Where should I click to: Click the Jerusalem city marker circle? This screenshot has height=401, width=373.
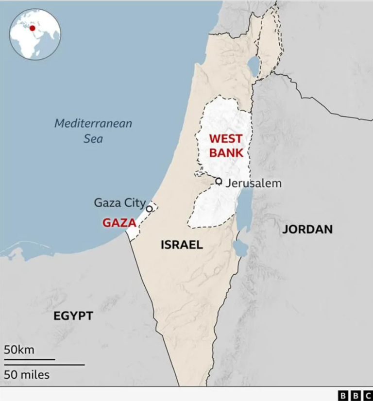tap(219, 181)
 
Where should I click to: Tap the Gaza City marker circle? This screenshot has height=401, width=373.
tap(149, 208)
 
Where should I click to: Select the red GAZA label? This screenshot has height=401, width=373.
tap(119, 223)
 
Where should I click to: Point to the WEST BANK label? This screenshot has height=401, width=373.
tap(225, 146)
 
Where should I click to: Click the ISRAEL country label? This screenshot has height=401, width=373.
tap(182, 245)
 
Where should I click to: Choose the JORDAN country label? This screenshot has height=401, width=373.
tap(307, 229)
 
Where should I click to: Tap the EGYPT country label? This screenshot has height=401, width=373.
tap(73, 316)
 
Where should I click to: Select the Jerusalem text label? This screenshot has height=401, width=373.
tap(254, 184)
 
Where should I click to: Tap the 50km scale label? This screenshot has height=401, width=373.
tap(19, 350)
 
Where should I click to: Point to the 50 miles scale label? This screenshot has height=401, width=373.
tap(27, 375)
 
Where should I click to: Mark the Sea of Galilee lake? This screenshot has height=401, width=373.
tap(254, 65)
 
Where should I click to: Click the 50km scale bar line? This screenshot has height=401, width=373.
tap(30, 360)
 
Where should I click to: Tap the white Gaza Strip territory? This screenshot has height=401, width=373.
tap(137, 223)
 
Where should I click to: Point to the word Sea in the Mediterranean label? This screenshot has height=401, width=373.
tap(93, 139)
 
